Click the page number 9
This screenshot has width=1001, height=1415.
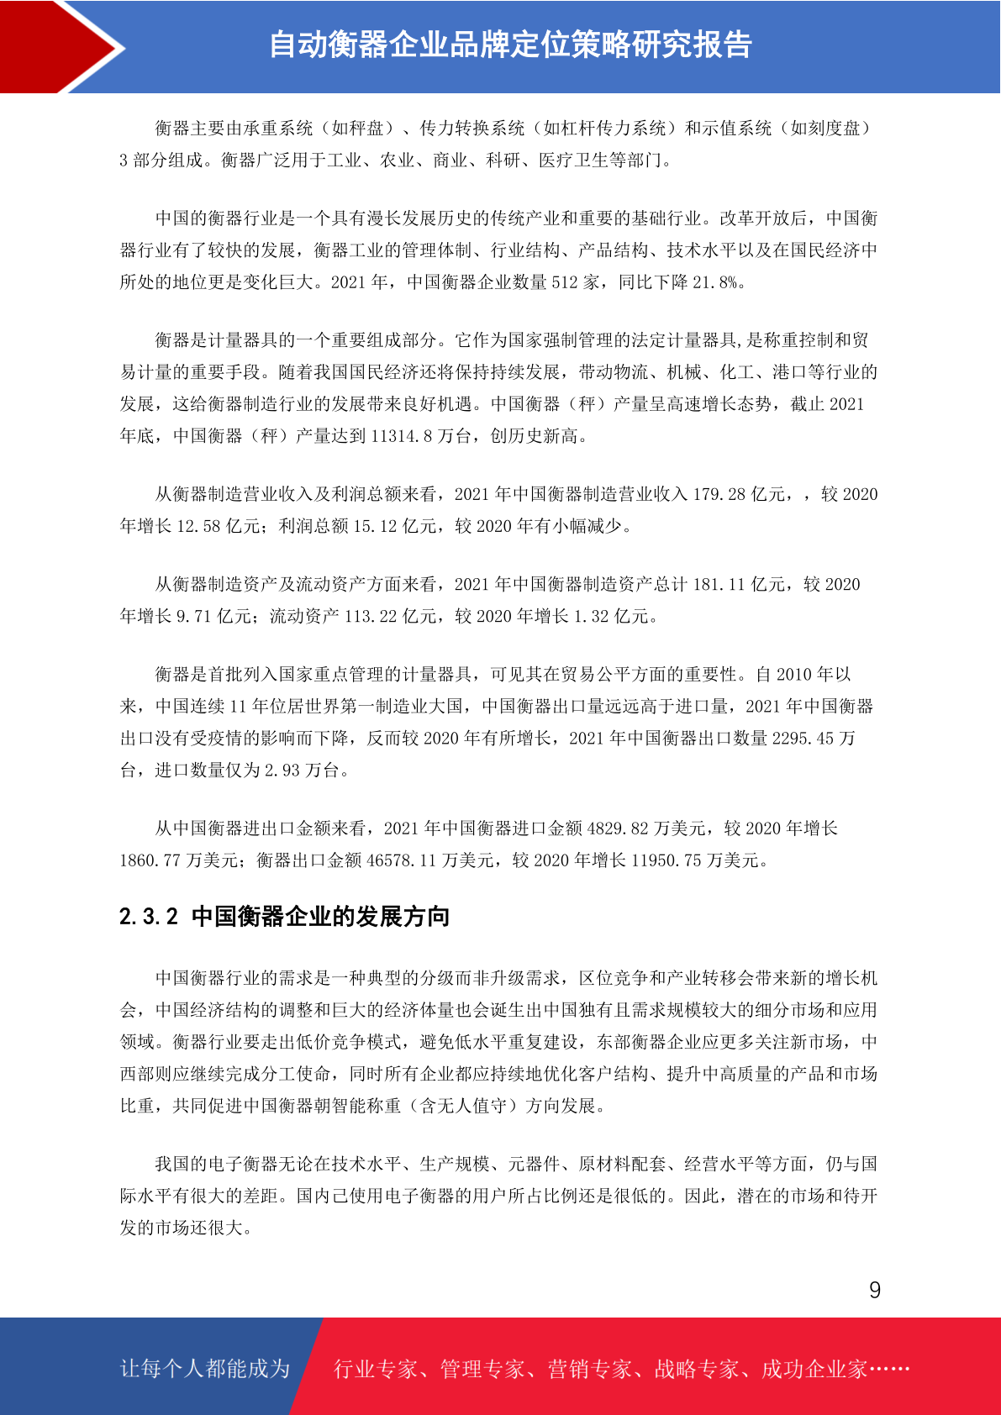(x=875, y=1291)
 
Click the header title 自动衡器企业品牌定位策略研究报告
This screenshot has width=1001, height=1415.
(x=509, y=45)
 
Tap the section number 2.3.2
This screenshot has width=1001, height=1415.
(x=149, y=917)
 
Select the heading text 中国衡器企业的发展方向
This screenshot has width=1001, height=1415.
(x=320, y=917)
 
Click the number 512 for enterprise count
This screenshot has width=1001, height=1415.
(x=564, y=282)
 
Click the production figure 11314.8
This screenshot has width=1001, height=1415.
(x=400, y=436)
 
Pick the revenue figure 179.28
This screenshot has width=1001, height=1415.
(x=719, y=494)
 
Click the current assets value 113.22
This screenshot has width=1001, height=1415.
(x=371, y=617)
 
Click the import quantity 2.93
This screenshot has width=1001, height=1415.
(x=282, y=771)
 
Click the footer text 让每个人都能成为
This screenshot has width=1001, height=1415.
(x=205, y=1369)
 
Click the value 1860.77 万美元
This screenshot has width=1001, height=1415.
(x=150, y=860)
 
